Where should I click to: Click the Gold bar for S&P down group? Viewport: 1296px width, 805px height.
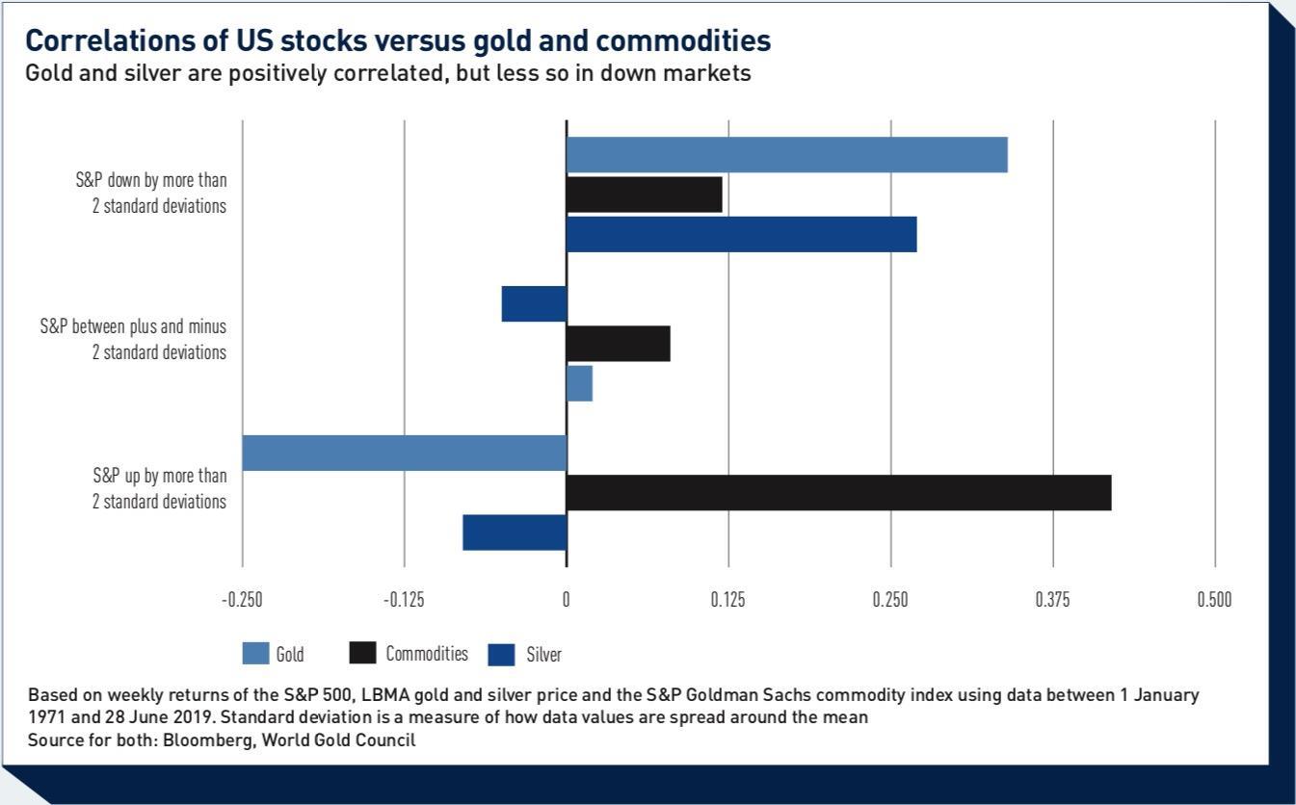pyautogui.click(x=786, y=155)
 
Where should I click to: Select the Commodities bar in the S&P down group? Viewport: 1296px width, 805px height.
pyautogui.click(x=644, y=195)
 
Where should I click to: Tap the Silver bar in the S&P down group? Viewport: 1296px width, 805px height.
pyautogui.click(x=741, y=235)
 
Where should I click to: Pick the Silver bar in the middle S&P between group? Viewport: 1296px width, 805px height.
pyautogui.click(x=534, y=304)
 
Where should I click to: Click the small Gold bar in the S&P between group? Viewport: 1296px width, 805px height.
pyautogui.click(x=579, y=383)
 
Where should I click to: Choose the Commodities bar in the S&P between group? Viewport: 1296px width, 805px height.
pyautogui.click(x=618, y=344)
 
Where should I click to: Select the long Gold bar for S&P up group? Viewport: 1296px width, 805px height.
pyautogui.click(x=404, y=453)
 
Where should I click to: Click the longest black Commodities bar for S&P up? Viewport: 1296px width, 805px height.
pyautogui.click(x=838, y=492)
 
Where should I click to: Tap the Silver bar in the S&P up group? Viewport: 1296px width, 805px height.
pyautogui.click(x=515, y=532)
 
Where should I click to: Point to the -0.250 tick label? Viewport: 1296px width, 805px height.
pyautogui.click(x=242, y=599)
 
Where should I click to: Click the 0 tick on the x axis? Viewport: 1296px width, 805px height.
pyautogui.click(x=567, y=599)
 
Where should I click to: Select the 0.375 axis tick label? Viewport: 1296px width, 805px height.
pyautogui.click(x=1052, y=599)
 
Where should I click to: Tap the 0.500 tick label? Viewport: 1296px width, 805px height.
pyautogui.click(x=1214, y=599)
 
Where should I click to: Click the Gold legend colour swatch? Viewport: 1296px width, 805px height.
pyautogui.click(x=255, y=654)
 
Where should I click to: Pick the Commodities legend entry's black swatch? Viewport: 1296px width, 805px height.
pyautogui.click(x=362, y=653)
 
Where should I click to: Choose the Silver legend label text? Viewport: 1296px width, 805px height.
pyautogui.click(x=543, y=655)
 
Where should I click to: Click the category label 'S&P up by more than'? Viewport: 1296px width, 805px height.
pyautogui.click(x=160, y=476)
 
